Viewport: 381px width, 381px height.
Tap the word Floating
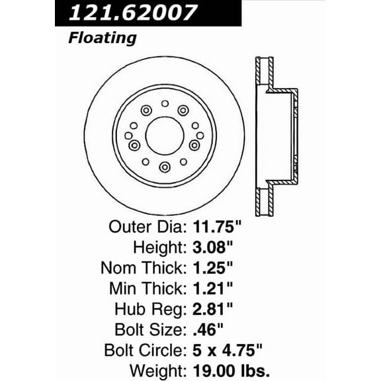point(102,38)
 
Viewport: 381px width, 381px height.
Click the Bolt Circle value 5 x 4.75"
point(230,349)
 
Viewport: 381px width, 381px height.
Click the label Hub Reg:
point(150,308)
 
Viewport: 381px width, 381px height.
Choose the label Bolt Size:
point(149,329)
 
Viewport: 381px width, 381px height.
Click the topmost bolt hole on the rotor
point(165,103)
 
